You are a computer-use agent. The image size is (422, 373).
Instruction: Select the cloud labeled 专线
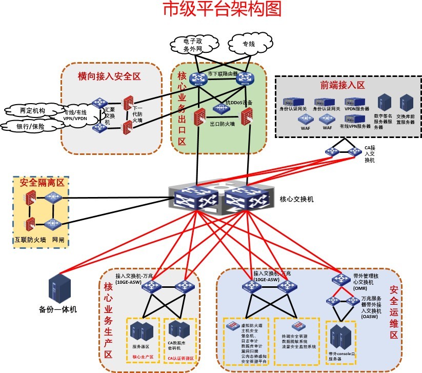point(248,44)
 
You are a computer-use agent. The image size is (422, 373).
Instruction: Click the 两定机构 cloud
point(32,110)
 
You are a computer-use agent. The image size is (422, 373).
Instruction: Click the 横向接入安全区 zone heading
point(109,76)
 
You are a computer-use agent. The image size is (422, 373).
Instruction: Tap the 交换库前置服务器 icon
point(407,103)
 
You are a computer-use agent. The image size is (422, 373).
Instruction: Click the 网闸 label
point(57,239)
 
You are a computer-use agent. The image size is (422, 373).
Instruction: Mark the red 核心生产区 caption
point(143,357)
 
